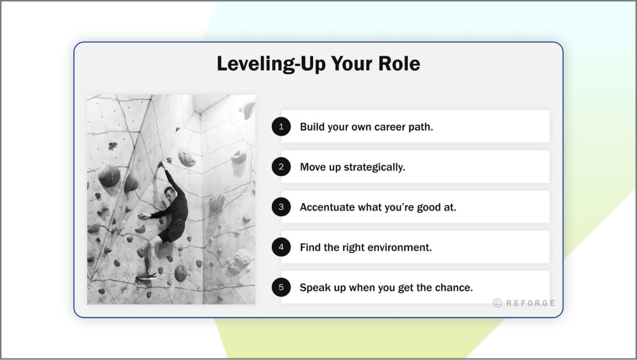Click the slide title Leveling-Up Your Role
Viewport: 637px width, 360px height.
[x=318, y=64]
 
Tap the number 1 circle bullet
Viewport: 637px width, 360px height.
[x=281, y=127]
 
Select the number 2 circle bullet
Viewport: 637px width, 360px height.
[x=281, y=167]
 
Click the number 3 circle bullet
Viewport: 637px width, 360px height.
[x=281, y=207]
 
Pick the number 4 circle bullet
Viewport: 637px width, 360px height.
[x=281, y=247]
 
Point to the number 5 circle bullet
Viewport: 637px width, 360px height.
[x=281, y=288]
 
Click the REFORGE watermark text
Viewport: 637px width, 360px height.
[x=530, y=303]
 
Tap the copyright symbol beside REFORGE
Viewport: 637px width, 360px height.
[x=497, y=303]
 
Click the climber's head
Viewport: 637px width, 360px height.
[x=170, y=192]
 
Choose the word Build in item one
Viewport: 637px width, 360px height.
[x=312, y=127]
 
